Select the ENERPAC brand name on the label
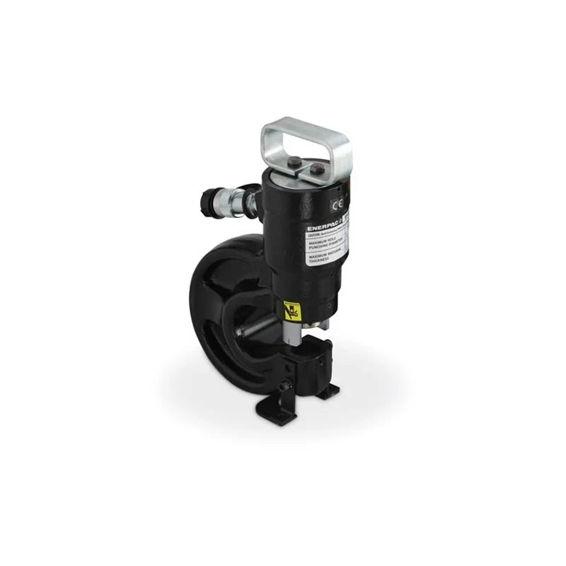pos(321,228)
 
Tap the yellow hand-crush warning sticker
pos(291,310)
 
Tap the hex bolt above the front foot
pos(283,386)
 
